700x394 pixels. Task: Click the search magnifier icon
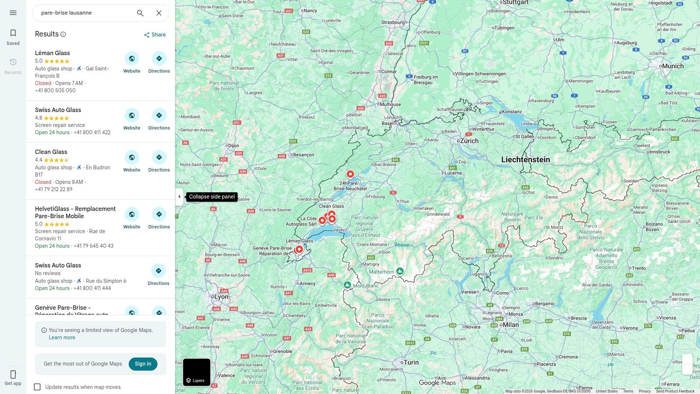click(140, 13)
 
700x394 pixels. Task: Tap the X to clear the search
click(159, 13)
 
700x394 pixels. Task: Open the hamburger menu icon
click(13, 13)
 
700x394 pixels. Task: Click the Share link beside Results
click(155, 35)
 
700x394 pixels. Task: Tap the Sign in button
click(143, 364)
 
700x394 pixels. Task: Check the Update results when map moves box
click(38, 387)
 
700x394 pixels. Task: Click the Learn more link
click(62, 338)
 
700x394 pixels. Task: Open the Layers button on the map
click(196, 372)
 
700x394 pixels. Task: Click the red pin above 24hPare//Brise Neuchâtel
click(350, 174)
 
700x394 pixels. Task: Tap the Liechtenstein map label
click(525, 160)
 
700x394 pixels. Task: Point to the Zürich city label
click(469, 141)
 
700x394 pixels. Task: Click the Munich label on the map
click(672, 66)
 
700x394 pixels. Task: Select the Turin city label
click(411, 362)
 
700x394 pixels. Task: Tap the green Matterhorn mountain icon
click(400, 271)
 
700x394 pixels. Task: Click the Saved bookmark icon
click(13, 33)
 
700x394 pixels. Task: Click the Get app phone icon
click(13, 374)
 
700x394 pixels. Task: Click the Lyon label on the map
click(221, 297)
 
